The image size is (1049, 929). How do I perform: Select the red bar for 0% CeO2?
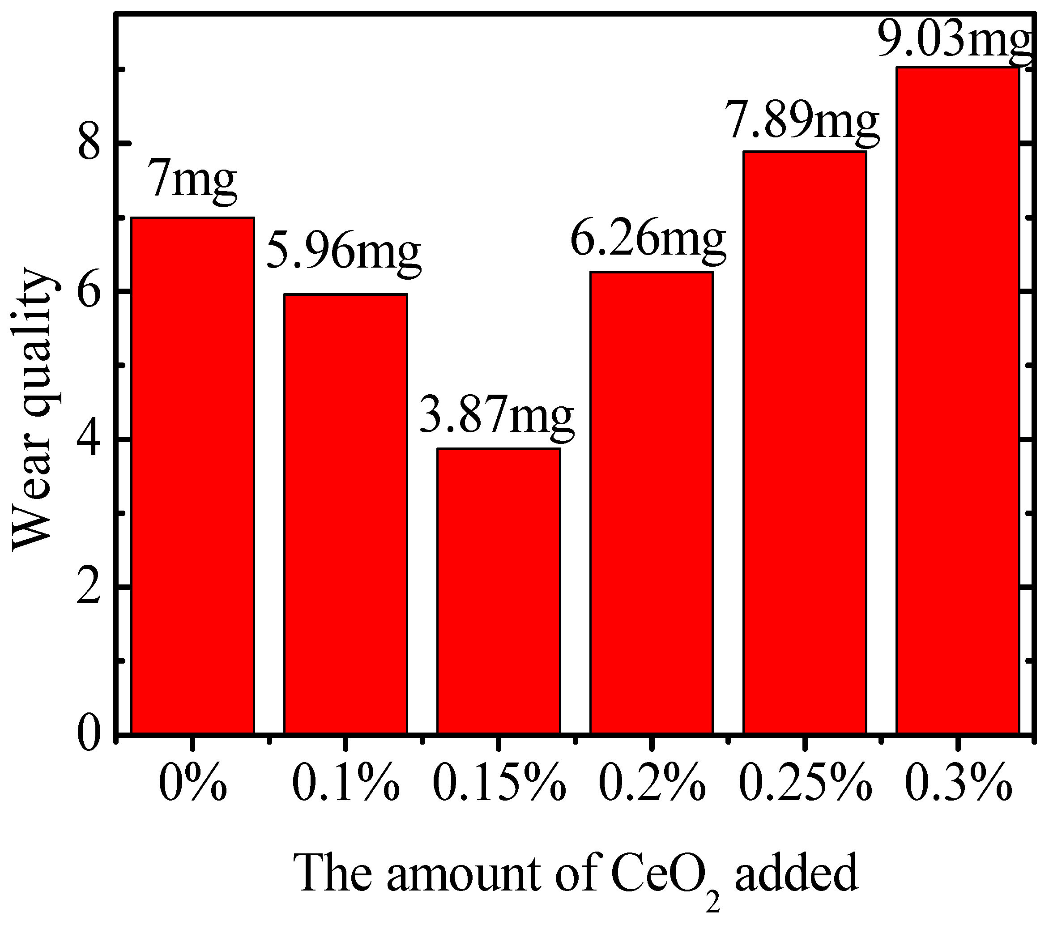tap(192, 475)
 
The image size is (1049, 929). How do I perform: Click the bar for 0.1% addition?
tap(345, 513)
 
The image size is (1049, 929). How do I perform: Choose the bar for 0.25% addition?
tap(804, 441)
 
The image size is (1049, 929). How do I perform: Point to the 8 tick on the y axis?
tap(88, 144)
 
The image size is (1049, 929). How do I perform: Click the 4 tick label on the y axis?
tap(88, 439)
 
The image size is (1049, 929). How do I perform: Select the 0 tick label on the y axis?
tap(88, 735)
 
